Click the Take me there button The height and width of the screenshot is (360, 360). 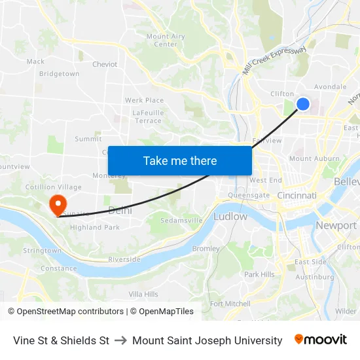coord(180,160)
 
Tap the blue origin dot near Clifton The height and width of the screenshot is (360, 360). coord(303,103)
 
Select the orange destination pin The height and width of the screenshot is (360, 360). coord(57,203)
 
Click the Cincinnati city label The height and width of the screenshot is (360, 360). coord(297,196)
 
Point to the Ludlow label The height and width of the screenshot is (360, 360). coord(230,216)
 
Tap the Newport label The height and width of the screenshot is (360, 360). coord(336,225)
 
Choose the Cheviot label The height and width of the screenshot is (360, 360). coord(105,64)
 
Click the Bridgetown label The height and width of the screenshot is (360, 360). coord(59,74)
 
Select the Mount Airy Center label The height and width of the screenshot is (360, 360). coord(166,41)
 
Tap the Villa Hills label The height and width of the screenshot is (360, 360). coord(143,295)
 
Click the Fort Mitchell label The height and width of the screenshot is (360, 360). coord(230,304)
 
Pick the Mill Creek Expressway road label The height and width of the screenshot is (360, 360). coord(275,60)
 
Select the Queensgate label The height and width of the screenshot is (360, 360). coord(248,195)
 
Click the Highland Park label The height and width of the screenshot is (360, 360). coord(94,228)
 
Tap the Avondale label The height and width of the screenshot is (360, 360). coord(330,86)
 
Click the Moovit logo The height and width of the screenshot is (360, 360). coord(320,340)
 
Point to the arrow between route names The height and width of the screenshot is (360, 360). coord(120,340)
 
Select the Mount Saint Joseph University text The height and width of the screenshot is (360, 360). coord(207,340)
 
